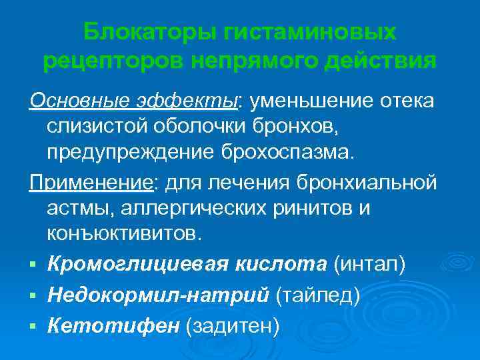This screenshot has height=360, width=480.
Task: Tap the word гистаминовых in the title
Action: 312,31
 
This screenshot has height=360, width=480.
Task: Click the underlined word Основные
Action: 71,101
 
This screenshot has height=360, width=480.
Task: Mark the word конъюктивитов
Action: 123,233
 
